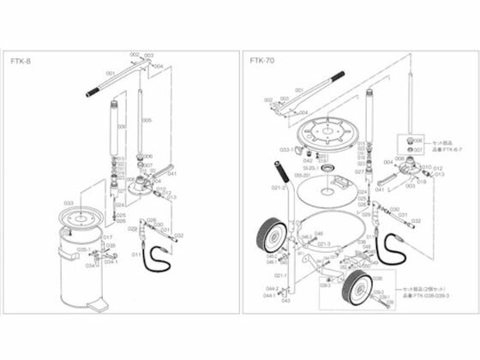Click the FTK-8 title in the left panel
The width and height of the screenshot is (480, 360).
pos(24,61)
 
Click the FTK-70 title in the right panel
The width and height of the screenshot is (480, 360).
pos(261,61)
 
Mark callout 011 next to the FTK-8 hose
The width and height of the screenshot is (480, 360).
pos(135,255)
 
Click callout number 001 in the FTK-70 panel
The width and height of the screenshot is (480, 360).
pos(298,89)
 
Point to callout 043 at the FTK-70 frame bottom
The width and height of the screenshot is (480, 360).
pos(285,302)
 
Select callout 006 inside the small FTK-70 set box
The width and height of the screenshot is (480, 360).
pos(418,140)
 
